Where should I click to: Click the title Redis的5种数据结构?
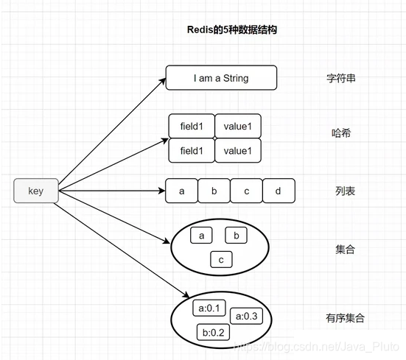(x=233, y=30)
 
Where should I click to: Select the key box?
(x=36, y=191)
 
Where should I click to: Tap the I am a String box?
(x=221, y=77)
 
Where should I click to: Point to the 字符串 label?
(x=341, y=77)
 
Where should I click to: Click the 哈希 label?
(x=341, y=133)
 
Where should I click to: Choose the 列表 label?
(x=345, y=191)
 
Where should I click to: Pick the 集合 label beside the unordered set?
(x=345, y=250)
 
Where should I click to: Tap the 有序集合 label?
(x=345, y=318)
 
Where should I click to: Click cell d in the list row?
(x=279, y=191)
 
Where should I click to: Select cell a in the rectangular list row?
(x=181, y=191)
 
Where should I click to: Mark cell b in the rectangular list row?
(x=214, y=191)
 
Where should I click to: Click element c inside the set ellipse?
(x=221, y=260)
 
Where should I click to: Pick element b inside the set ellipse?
(x=236, y=236)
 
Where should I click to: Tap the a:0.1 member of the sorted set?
(x=209, y=308)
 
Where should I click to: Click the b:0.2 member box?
(x=214, y=332)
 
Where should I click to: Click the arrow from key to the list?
(x=111, y=191)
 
